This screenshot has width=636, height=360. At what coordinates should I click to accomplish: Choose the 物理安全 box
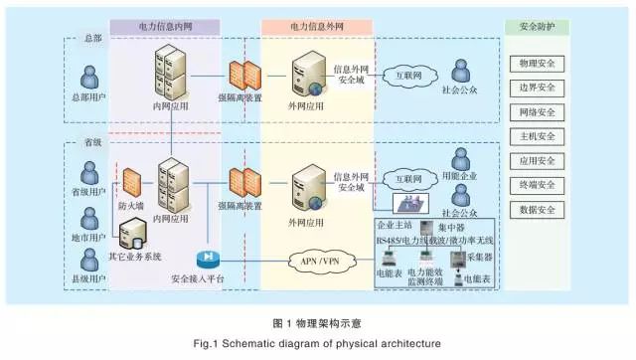pyautogui.click(x=537, y=64)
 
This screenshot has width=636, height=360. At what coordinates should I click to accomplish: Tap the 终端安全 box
pyautogui.click(x=537, y=185)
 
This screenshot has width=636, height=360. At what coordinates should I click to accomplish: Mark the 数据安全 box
pyautogui.click(x=537, y=210)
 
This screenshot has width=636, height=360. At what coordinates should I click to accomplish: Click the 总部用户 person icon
pyautogui.click(x=89, y=77)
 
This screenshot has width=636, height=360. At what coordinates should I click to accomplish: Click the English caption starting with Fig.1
pyautogui.click(x=317, y=343)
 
